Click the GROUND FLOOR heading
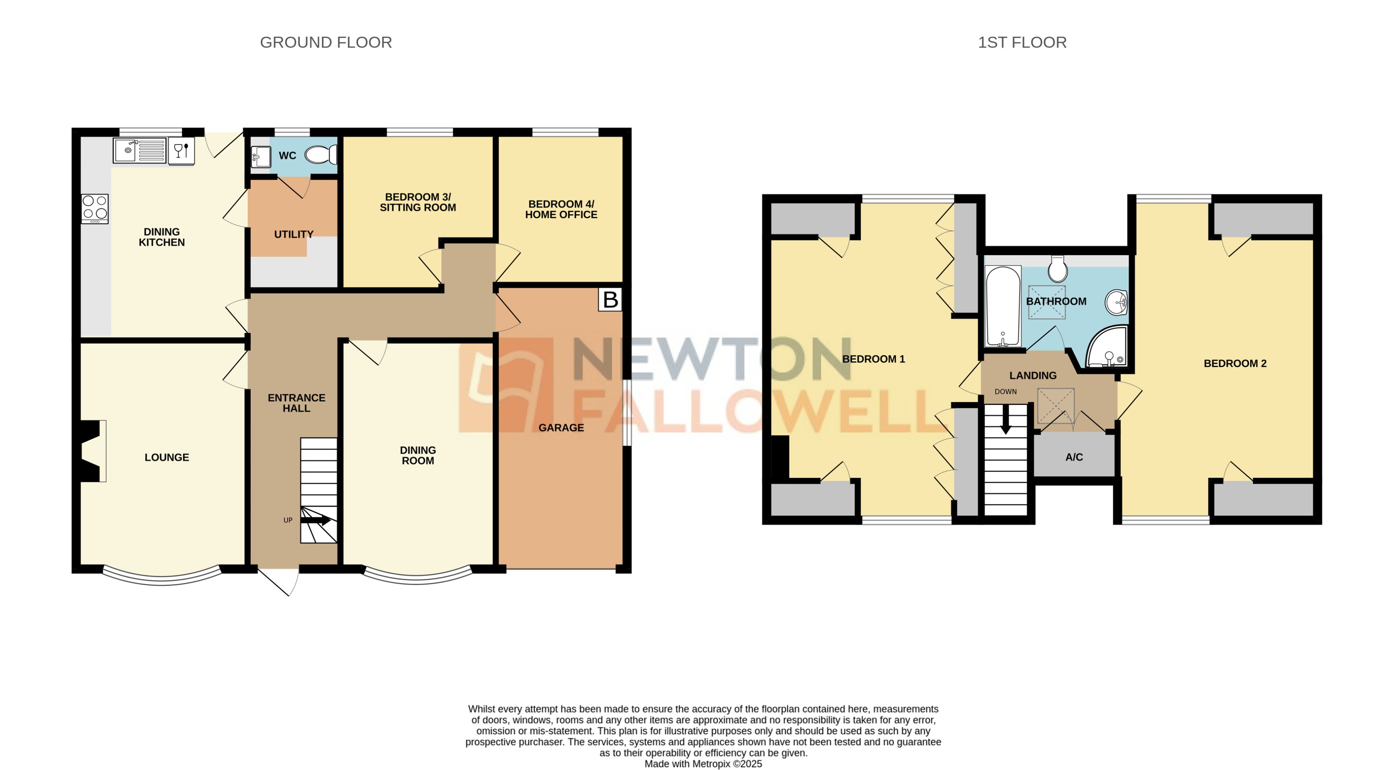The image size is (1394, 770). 326,42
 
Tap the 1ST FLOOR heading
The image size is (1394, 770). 1022,42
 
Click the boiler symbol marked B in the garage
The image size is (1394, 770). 610,300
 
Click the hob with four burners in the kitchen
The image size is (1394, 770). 95,208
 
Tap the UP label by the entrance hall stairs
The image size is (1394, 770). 288,520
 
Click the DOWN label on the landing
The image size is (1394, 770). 1005,391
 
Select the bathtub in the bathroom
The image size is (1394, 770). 1003,306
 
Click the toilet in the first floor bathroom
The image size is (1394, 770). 1057,268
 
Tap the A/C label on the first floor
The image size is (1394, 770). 1074,457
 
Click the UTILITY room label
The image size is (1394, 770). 294,234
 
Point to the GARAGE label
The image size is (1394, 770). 561,428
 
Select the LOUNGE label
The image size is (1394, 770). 166,457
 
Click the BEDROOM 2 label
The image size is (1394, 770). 1235,364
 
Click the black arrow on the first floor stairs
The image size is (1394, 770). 1005,421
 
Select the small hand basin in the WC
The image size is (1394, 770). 261,157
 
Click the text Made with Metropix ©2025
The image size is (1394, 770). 703,764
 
